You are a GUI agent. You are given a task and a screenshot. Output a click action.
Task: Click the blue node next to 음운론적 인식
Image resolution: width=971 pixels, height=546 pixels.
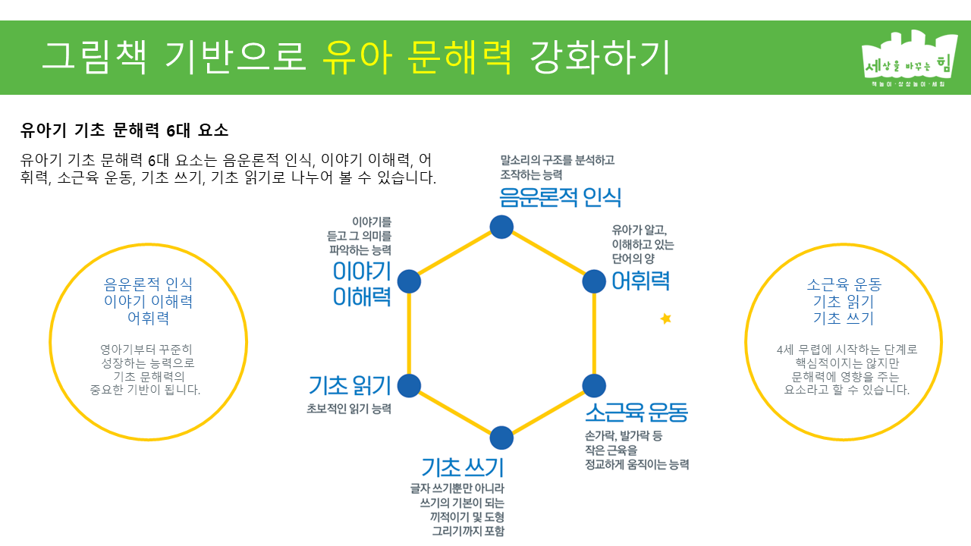click(501, 227)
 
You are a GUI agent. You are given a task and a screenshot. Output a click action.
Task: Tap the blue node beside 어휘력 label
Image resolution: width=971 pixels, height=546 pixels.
click(594, 281)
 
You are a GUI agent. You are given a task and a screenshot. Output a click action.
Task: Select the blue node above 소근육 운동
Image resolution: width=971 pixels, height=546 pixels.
click(594, 385)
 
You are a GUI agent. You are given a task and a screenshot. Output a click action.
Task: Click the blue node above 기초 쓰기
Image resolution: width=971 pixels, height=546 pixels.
click(501, 438)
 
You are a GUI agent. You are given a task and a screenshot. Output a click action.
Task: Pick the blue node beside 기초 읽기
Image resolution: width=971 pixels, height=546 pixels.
click(409, 385)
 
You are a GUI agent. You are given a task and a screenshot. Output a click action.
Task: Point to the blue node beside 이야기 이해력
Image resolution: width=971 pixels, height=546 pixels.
click(409, 281)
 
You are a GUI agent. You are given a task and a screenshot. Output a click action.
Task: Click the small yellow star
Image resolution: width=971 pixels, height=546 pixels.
click(666, 318)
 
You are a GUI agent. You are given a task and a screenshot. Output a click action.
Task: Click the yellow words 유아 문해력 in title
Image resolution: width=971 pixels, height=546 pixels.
click(418, 57)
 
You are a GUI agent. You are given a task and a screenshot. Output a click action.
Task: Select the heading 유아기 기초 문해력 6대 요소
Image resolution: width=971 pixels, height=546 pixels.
click(124, 130)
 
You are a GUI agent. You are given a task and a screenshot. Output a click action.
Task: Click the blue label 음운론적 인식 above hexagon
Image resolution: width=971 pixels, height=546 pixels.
click(560, 197)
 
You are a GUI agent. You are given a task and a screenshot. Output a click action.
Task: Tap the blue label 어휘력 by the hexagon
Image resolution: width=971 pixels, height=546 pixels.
click(640, 281)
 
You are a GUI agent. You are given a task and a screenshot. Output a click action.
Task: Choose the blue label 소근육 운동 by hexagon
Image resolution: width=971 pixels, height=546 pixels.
click(636, 413)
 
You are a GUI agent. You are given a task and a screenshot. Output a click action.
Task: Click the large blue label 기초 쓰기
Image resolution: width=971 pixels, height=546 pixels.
click(463, 466)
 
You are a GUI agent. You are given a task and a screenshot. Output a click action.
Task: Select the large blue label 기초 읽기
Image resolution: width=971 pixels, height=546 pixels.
click(350, 386)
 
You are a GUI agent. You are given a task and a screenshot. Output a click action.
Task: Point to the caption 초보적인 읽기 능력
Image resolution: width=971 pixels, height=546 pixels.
click(349, 409)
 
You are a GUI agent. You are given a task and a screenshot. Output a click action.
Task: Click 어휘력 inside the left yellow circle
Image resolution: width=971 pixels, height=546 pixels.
click(148, 318)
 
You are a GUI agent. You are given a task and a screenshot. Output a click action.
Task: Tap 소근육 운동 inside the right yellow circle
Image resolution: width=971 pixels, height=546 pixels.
click(844, 285)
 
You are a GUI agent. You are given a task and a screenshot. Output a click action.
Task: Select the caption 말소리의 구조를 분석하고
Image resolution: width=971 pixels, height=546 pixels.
click(557, 160)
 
